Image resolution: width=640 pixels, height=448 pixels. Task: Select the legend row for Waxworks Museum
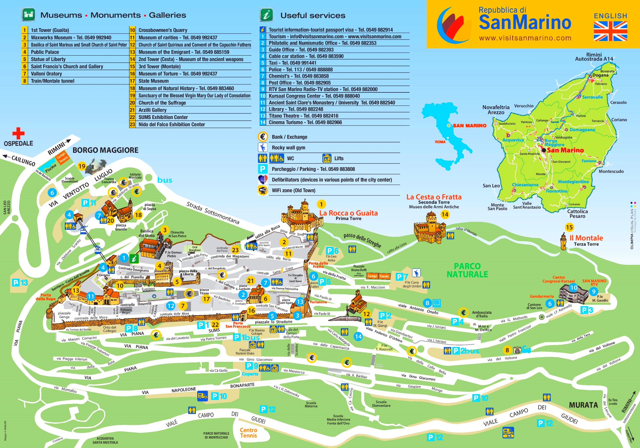tap(71, 38)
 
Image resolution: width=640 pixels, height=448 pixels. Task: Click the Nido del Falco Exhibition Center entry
tap(171, 125)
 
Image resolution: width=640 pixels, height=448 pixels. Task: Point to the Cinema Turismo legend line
tap(305, 122)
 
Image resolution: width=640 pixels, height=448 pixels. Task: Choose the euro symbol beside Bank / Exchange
tap(262, 137)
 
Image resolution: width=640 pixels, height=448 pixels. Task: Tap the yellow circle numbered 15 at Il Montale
tap(569, 227)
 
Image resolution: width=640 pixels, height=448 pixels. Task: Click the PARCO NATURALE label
tap(467, 270)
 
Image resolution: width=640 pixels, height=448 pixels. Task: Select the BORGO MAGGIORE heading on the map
tap(105, 150)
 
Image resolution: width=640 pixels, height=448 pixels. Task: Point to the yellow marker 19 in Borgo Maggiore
tap(82, 166)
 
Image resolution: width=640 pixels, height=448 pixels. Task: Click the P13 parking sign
tap(20, 283)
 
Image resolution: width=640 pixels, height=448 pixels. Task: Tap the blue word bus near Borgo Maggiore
tap(164, 180)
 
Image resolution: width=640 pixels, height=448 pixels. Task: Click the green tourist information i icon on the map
tap(134, 259)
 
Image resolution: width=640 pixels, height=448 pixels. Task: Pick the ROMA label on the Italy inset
tap(440, 142)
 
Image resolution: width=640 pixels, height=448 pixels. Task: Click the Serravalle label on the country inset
tap(592, 97)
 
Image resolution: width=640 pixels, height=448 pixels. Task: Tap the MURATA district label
tap(583, 405)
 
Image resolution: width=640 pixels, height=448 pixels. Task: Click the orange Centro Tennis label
tap(248, 433)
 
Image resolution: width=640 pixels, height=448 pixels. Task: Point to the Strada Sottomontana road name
tap(213, 213)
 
